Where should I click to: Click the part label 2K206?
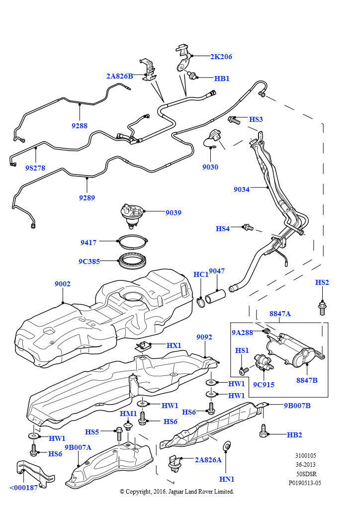tap(221, 57)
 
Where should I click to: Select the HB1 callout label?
tap(222, 79)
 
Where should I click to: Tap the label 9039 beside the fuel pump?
tap(174, 213)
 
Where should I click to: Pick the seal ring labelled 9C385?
tap(133, 260)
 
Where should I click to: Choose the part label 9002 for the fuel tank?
tap(62, 284)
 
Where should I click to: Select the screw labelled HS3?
tap(234, 120)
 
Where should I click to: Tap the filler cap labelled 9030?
tap(213, 138)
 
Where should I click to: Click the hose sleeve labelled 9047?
tap(215, 296)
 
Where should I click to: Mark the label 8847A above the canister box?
tap(280, 314)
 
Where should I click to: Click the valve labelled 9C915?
tap(263, 362)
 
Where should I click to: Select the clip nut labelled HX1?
tap(142, 346)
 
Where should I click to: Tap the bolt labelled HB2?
tap(263, 431)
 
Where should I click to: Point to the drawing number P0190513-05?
tap(305, 483)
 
